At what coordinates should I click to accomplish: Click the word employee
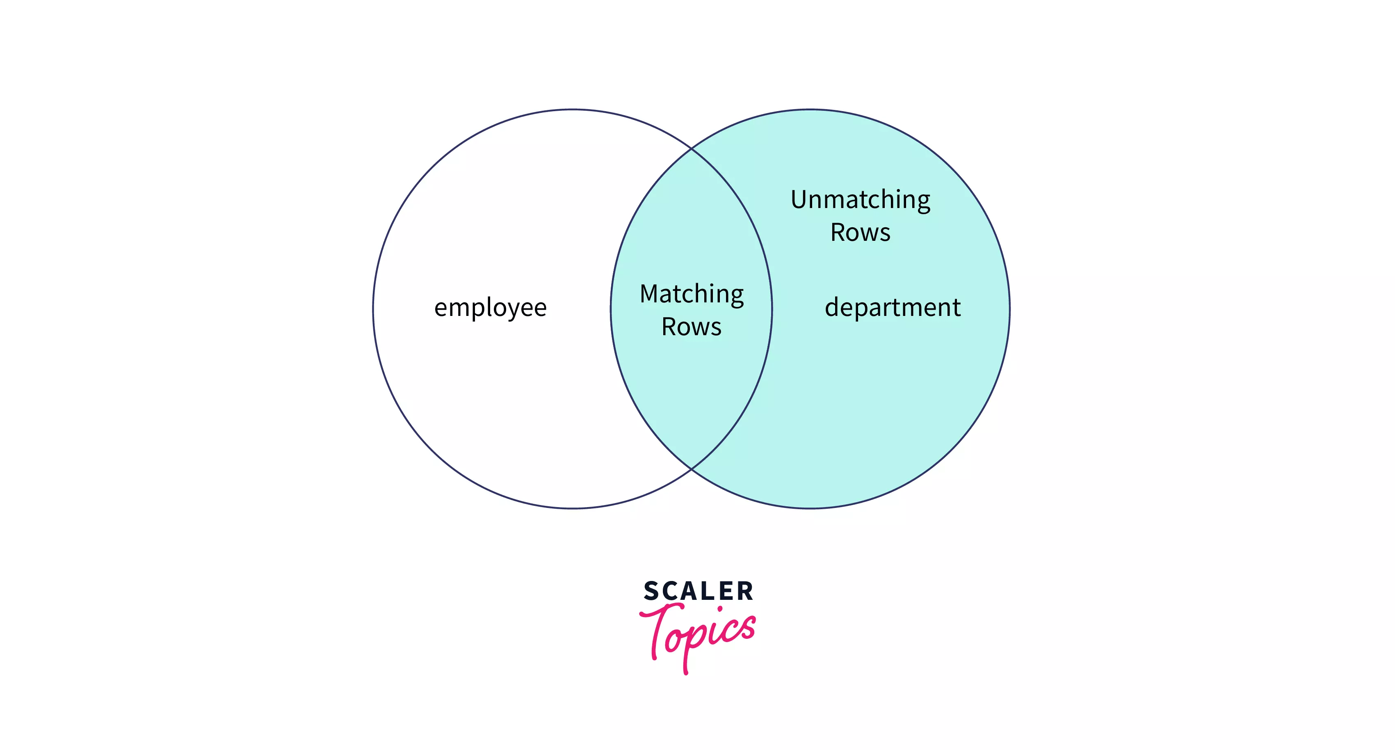point(490,308)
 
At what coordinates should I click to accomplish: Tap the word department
point(893,308)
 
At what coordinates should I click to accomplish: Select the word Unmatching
point(860,200)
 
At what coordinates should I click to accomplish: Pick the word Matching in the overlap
point(692,294)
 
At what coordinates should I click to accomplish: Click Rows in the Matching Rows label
point(692,327)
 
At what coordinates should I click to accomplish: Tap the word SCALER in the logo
point(698,591)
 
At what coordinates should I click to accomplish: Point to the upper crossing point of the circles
point(692,149)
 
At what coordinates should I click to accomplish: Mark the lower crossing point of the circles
point(692,469)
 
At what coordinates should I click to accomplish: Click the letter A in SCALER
point(689,591)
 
